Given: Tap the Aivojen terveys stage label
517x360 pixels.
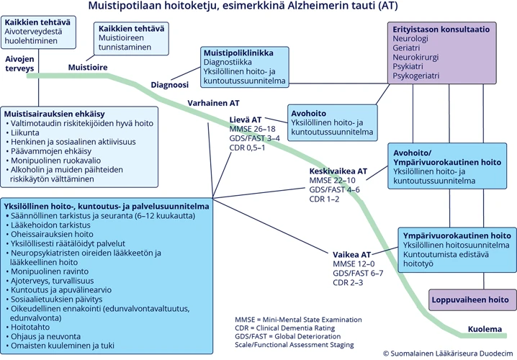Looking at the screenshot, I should pyautogui.click(x=19, y=63).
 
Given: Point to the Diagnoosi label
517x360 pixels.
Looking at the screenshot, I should pyautogui.click(x=169, y=85).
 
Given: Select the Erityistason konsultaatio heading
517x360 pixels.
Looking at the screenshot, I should pyautogui.click(x=442, y=30).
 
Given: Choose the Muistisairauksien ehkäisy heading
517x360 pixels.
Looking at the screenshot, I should pyautogui.click(x=55, y=114).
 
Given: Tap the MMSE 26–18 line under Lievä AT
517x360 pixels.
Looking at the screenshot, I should pyautogui.click(x=252, y=128).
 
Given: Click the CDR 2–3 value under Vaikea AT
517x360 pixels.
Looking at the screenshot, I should pyautogui.click(x=350, y=282).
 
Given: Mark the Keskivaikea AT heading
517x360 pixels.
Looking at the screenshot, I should pyautogui.click(x=338, y=171).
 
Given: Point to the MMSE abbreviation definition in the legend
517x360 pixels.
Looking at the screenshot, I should pyautogui.click(x=298, y=319).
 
